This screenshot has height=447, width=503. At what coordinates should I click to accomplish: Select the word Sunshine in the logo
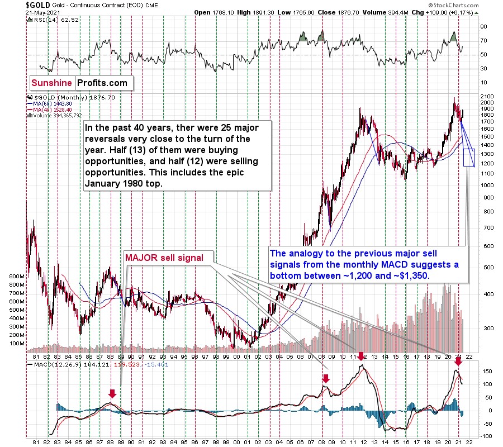pyautogui.click(x=52, y=83)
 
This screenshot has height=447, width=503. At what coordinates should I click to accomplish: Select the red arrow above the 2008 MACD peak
pyautogui.click(x=326, y=379)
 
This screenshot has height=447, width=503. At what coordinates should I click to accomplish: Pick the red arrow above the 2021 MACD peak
pyautogui.click(x=458, y=362)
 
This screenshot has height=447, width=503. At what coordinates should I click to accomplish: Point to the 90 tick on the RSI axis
pyautogui.click(x=484, y=26)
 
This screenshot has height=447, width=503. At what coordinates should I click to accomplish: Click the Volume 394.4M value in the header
pyautogui.click(x=378, y=12)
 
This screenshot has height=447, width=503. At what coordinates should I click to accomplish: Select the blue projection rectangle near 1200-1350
pyautogui.click(x=469, y=157)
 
